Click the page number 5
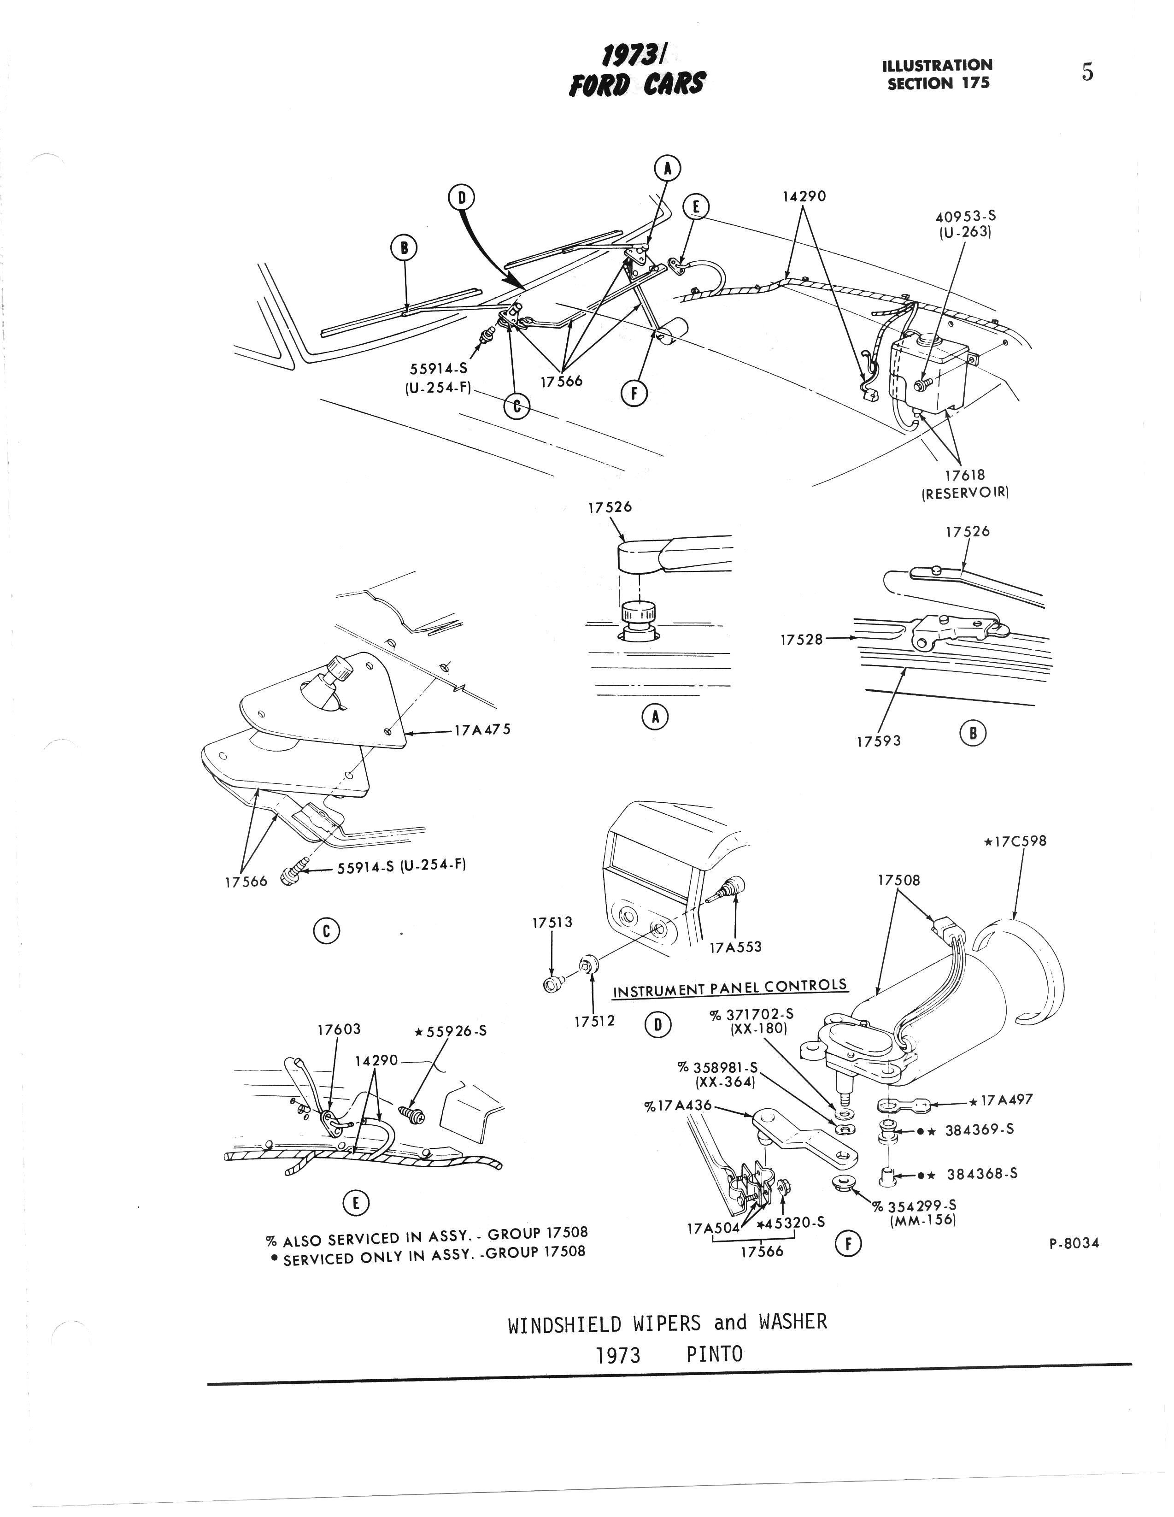coord(1087,72)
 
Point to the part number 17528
coord(801,639)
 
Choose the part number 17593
coord(878,741)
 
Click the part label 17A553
coord(735,947)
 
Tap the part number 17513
coord(552,923)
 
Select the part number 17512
coord(594,1021)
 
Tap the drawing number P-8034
coord(1074,1243)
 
